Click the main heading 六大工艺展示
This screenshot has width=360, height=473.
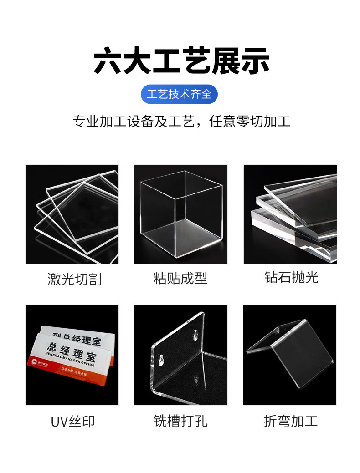181,61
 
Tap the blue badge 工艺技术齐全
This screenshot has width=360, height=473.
180,94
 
